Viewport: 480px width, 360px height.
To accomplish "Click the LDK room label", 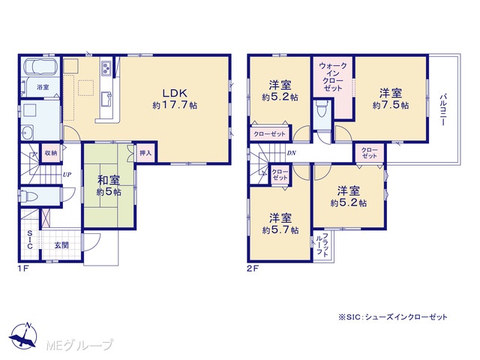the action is pos(175,93).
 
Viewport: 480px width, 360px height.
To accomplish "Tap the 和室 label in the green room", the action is pos(109,180).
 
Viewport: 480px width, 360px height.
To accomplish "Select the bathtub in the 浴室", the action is pos(40,67).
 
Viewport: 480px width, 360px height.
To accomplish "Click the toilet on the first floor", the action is pos(28,195).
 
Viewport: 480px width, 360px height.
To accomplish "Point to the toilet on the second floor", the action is pos(322,108).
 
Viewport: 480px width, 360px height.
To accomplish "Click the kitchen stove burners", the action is pos(106,68).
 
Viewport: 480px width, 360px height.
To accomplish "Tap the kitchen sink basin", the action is pos(106,99).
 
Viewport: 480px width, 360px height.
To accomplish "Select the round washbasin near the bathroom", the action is pos(28,133).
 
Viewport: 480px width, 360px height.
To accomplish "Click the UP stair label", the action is pos(67,175).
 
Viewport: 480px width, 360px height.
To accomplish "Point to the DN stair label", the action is pos(292,153).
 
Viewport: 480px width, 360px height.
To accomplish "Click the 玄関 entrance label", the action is pos(61,245).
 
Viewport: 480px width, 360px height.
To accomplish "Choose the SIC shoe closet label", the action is pos(30,239).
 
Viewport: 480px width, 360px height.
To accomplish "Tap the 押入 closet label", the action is pos(145,152).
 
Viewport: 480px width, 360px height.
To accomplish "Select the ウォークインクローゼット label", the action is pos(333,76).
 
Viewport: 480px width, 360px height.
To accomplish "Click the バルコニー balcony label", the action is pos(443,109).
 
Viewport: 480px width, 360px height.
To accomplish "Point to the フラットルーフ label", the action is pos(322,245).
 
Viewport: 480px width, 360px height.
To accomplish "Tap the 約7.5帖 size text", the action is pos(391,105).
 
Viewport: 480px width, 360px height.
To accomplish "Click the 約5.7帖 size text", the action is pos(280,230).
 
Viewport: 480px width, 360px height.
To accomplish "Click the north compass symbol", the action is pos(23,335).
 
